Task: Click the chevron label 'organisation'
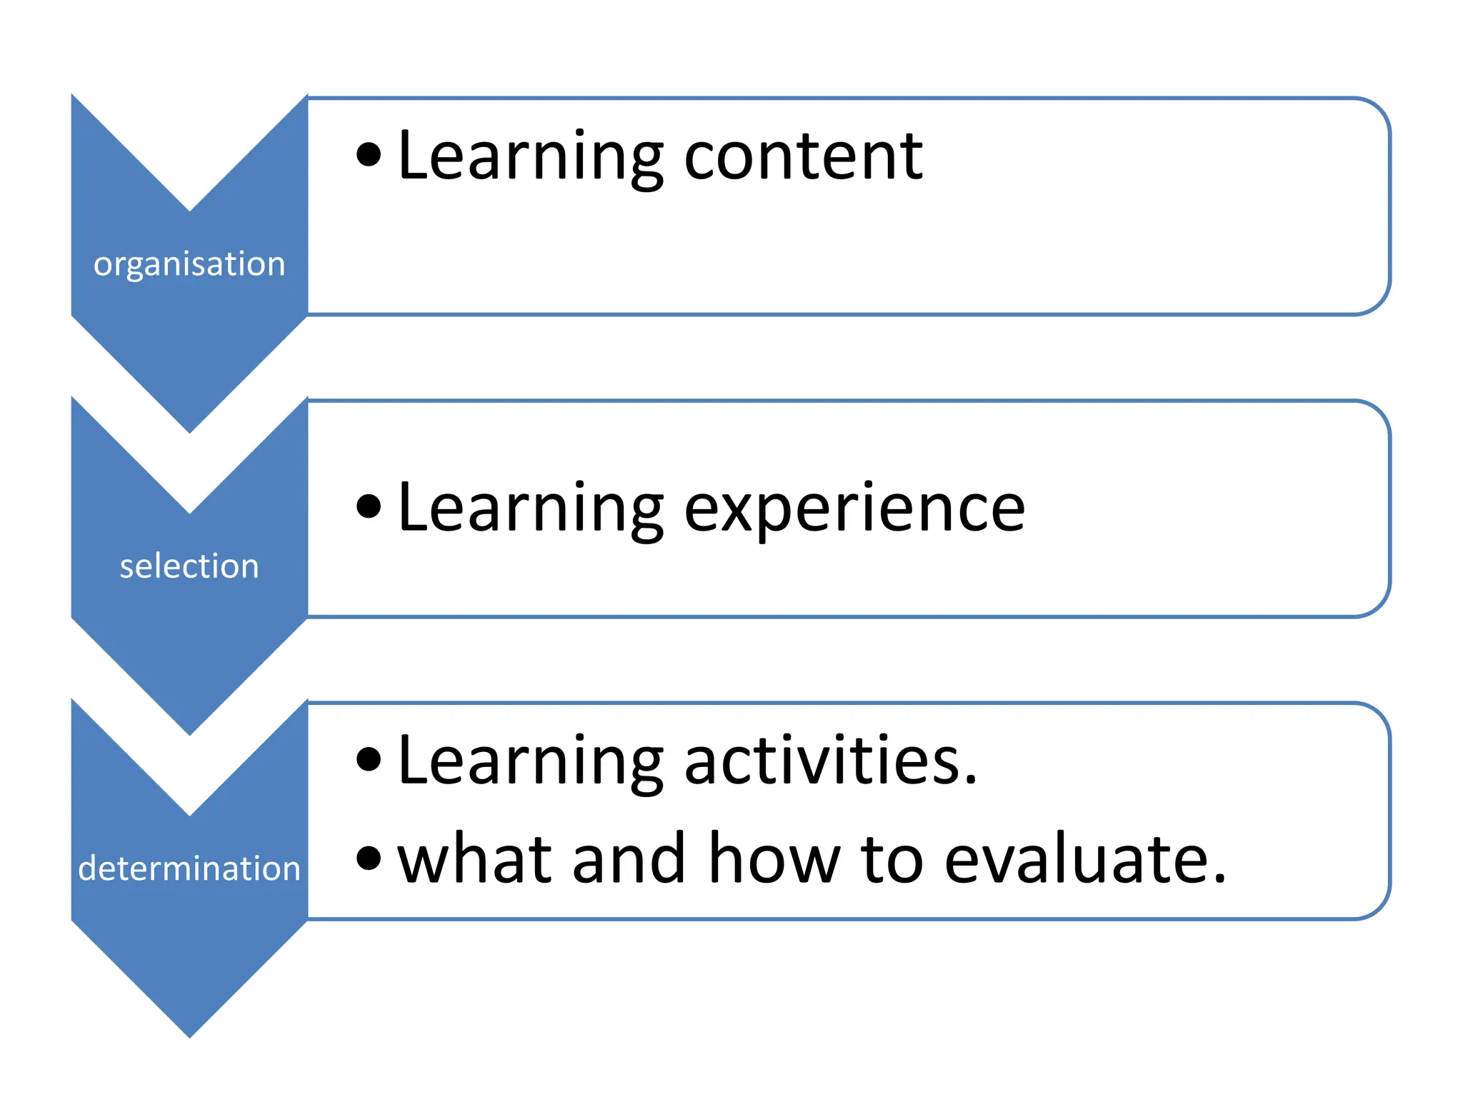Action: coord(189,264)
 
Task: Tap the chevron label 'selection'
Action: coord(189,566)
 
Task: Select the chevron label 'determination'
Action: coord(189,868)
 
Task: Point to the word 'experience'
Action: coord(854,509)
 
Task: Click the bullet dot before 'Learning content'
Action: coord(369,154)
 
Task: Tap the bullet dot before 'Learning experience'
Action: coord(369,506)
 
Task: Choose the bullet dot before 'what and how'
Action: coord(369,858)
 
